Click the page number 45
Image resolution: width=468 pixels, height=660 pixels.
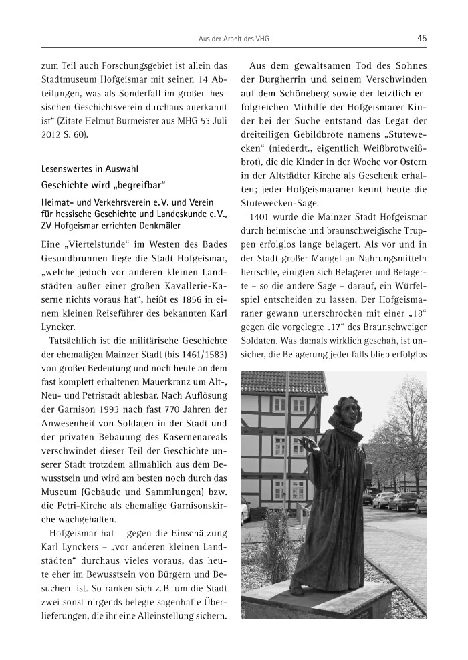pyautogui.click(x=421, y=39)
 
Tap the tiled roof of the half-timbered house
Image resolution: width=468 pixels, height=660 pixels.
pyautogui.click(x=284, y=382)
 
